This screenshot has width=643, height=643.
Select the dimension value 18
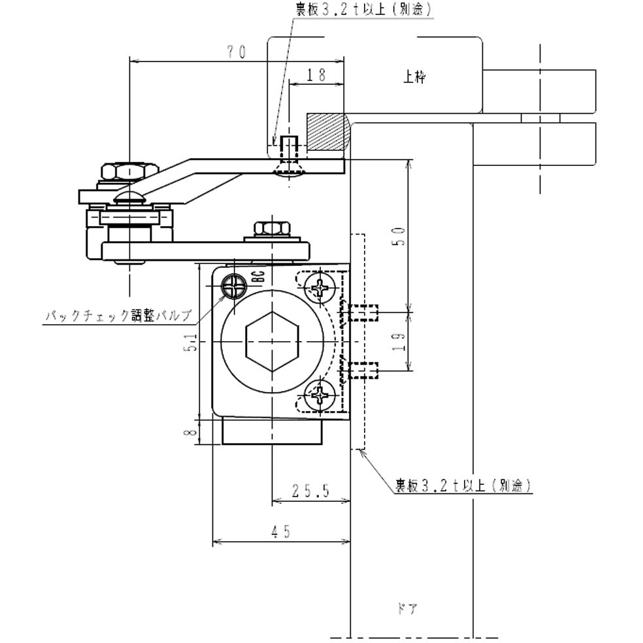(x=316, y=75)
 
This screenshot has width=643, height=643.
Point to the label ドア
(x=406, y=609)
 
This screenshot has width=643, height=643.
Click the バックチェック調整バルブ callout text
(x=118, y=316)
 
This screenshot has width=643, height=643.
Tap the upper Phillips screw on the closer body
(x=322, y=288)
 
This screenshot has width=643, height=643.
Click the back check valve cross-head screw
(x=235, y=286)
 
